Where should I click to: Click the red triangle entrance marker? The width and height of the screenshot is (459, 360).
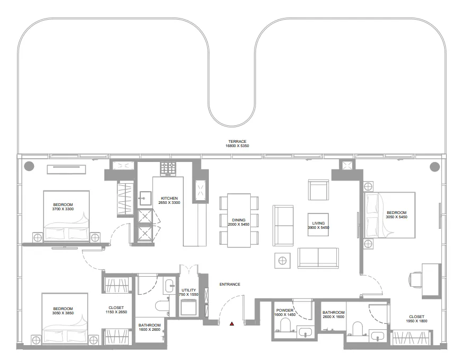pos(232,323)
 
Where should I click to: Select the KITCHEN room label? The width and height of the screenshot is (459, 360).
pos(168,198)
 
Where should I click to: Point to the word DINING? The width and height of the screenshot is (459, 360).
pos(239,220)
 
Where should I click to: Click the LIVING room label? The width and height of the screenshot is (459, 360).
pos(318,223)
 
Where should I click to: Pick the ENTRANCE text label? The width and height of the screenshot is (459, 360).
pos(229,285)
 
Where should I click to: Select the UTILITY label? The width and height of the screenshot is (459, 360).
pos(189,290)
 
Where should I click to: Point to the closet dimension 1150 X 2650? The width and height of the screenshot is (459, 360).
pos(116,312)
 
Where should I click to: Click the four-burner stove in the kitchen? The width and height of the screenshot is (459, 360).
pos(168,169)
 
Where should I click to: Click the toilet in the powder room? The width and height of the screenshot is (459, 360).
pos(285,325)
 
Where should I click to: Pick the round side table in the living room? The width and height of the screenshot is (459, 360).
pos(283,260)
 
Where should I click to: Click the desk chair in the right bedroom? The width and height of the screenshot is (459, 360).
pos(415,278)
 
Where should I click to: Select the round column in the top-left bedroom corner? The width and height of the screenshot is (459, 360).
pos(29,166)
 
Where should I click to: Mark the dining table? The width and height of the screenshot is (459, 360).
pos(239,220)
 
